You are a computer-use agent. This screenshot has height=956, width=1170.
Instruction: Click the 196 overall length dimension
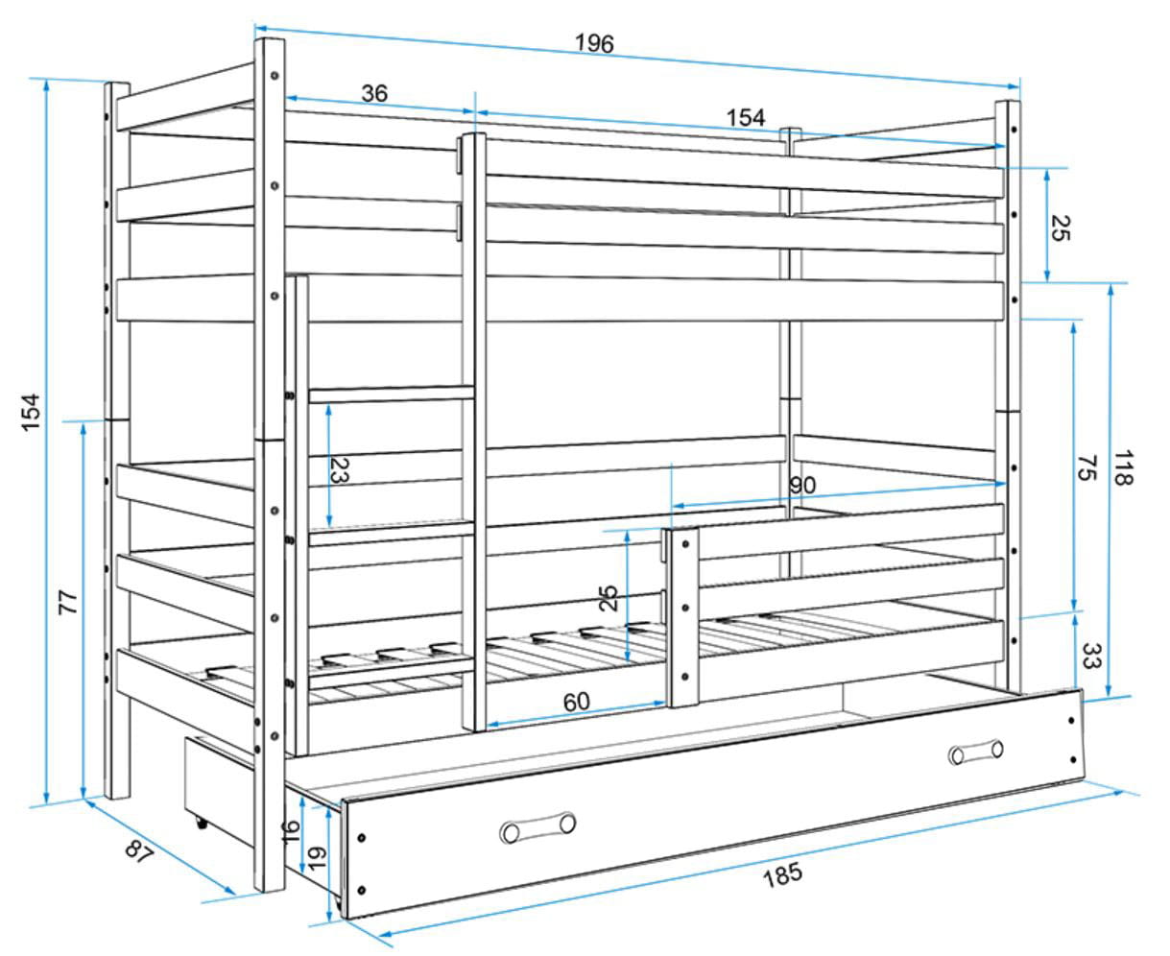coord(594,43)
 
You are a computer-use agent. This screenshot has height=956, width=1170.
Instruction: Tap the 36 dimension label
coord(374,93)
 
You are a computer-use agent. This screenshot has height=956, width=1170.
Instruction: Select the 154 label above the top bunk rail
coord(746,118)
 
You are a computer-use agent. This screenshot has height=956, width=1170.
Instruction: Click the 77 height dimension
coord(68,603)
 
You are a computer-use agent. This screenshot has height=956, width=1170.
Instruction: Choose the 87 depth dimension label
coord(138,850)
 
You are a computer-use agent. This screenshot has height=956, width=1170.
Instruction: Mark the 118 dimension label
coord(1124,467)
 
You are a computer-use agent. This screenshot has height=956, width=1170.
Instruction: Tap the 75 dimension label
coord(1087,467)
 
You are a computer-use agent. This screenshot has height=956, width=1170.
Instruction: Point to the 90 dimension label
coord(802,486)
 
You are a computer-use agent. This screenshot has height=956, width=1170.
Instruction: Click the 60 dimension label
coord(577,702)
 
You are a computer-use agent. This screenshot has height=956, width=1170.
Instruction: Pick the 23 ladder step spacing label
coord(340,470)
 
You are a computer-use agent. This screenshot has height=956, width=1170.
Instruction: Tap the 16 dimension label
coord(291,832)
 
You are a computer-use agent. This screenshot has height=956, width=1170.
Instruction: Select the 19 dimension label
coord(317,858)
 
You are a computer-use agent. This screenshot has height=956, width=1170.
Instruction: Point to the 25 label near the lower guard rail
coord(609,598)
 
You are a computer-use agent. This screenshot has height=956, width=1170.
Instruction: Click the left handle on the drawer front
coord(537,827)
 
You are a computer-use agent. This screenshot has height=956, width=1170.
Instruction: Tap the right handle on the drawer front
coord(975,753)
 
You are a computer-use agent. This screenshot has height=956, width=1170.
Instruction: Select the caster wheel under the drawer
coord(202,824)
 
